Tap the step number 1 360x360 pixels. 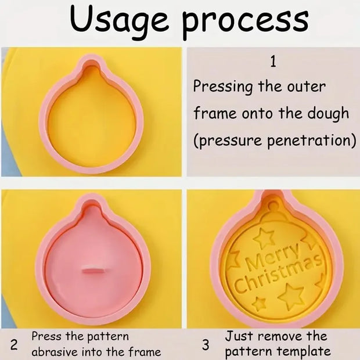(273, 60)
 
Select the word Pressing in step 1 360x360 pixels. (223, 87)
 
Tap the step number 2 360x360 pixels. (15, 345)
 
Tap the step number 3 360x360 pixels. (206, 345)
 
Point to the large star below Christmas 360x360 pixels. (290, 296)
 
